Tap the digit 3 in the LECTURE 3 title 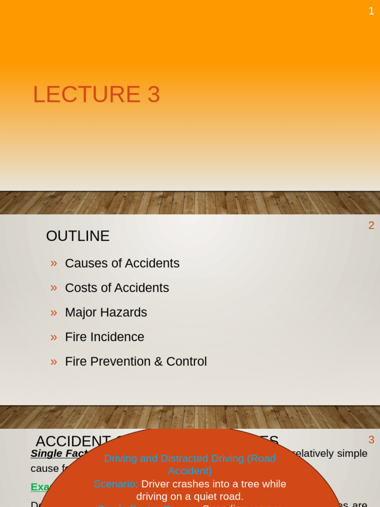click(x=153, y=95)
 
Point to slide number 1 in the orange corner click(x=371, y=11)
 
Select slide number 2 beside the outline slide click(x=371, y=225)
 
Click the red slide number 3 click(x=371, y=440)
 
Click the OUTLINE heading click(x=78, y=236)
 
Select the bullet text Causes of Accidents click(x=122, y=263)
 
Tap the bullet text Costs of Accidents click(x=117, y=288)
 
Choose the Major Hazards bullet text click(x=106, y=312)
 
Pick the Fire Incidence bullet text click(x=104, y=337)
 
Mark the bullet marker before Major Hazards click(x=53, y=312)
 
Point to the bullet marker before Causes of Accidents click(x=53, y=263)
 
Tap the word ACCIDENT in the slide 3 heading click(x=73, y=441)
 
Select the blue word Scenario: click(x=116, y=484)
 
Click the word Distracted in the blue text click(x=184, y=458)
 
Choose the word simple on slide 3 click(x=352, y=454)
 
